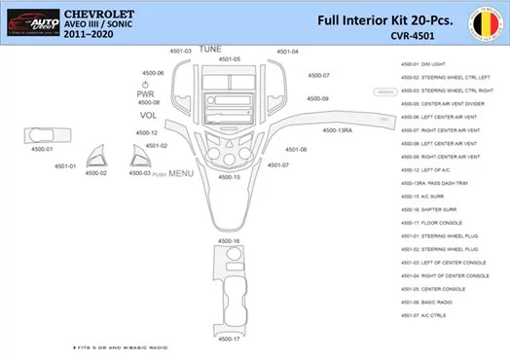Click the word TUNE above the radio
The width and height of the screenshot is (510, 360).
(x=209, y=49)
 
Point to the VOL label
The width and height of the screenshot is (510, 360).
(x=148, y=115)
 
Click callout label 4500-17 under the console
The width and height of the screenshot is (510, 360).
(x=229, y=339)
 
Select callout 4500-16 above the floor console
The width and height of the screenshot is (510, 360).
(x=230, y=239)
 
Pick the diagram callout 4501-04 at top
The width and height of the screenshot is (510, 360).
(x=287, y=51)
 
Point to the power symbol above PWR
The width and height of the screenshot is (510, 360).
(x=144, y=86)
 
